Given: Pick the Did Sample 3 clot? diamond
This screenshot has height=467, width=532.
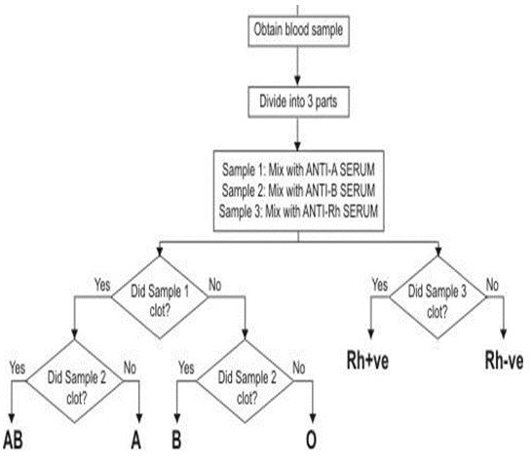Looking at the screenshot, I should [x=437, y=296].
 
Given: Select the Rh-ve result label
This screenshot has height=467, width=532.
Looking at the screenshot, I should [x=505, y=362].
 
